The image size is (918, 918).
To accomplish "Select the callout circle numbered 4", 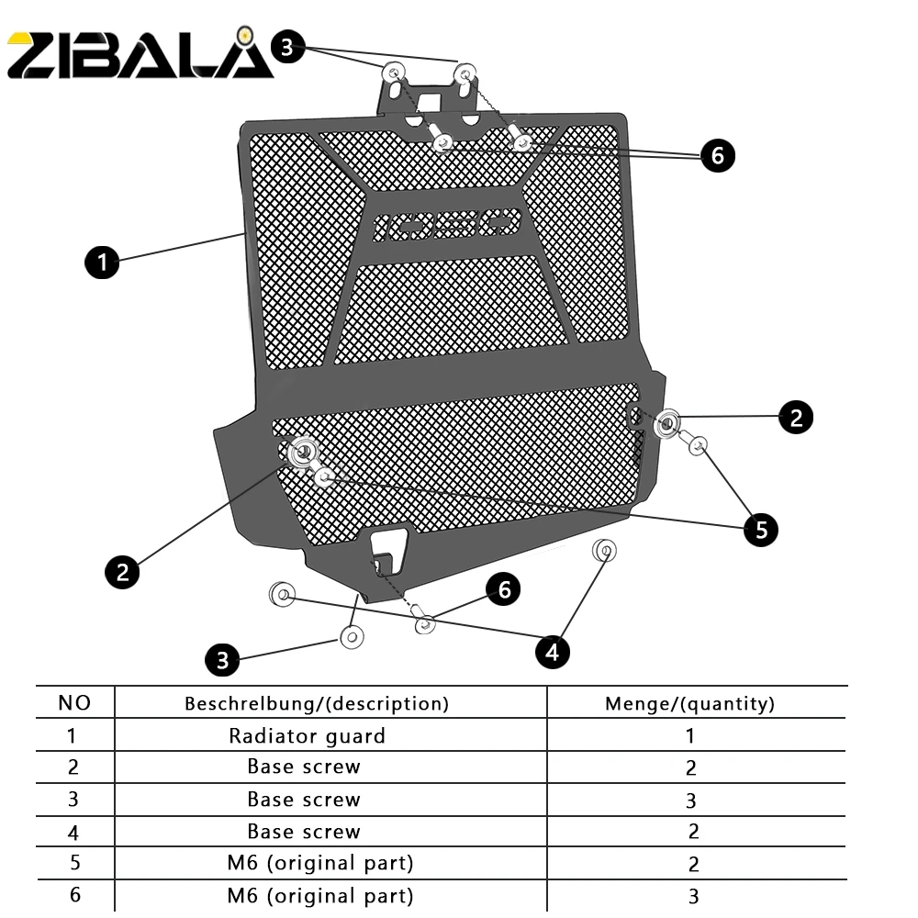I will click(552, 651).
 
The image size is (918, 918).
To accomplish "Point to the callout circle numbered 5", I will click(761, 529).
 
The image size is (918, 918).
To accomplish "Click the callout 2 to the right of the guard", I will click(795, 417).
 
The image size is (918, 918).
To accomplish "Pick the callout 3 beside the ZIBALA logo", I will click(287, 48).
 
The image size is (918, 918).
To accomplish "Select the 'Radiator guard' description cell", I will click(307, 735).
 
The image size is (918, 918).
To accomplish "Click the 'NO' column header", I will click(74, 703).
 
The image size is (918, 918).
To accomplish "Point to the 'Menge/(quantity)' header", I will click(689, 704).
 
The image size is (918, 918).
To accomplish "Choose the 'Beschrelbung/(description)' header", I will click(317, 704).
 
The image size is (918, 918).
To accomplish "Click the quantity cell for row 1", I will click(690, 735).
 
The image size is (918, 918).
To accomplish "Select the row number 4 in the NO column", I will click(73, 832).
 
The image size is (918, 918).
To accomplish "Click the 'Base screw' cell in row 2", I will click(304, 767).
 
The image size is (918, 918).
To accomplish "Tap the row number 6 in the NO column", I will click(73, 895).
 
